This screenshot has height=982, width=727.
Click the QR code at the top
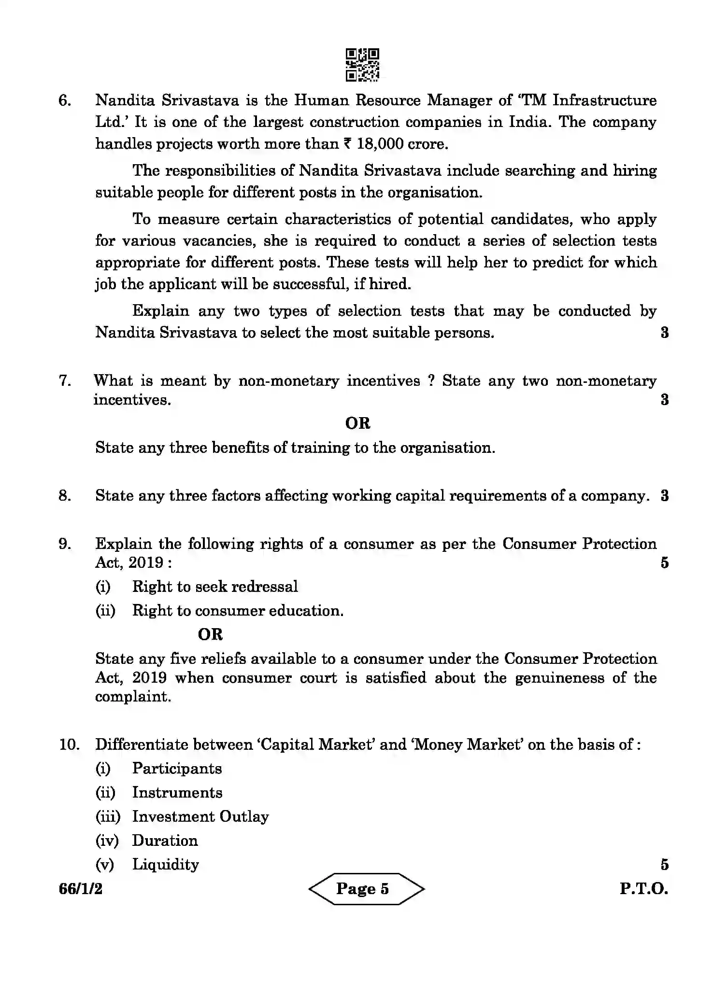click(362, 64)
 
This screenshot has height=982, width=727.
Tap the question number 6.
click(65, 100)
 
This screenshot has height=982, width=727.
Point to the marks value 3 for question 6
click(664, 333)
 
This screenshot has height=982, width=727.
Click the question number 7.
click(65, 380)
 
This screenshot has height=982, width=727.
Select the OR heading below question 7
click(357, 423)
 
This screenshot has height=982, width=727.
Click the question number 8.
click(65, 496)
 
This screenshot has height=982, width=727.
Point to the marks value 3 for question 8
click(664, 496)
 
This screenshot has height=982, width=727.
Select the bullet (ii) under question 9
click(105, 611)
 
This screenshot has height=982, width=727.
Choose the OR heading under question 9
click(210, 634)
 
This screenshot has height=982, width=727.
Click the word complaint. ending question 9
click(133, 697)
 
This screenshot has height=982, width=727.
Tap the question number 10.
click(69, 744)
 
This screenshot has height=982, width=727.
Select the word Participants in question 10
click(177, 769)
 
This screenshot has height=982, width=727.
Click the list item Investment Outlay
click(200, 817)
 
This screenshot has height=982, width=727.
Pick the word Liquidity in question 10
click(165, 865)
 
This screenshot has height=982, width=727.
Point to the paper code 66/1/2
click(81, 889)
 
